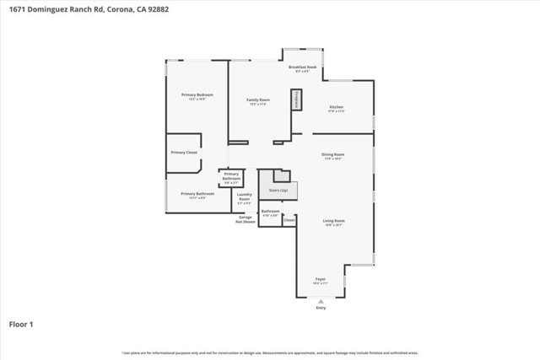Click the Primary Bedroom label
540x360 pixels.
[x=197, y=95]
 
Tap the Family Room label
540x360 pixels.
[x=257, y=100]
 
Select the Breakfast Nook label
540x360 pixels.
[x=302, y=67]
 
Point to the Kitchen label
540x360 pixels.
[x=336, y=107]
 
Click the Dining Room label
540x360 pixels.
[x=332, y=155]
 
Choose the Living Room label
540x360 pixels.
[x=334, y=221]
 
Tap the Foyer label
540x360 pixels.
[x=321, y=278]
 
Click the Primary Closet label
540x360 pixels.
[x=183, y=153]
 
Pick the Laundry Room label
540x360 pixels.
[x=244, y=199]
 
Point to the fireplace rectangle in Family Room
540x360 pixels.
[x=296, y=99]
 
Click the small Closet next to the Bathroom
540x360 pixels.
[x=289, y=219]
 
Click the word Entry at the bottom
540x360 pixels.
[x=321, y=309]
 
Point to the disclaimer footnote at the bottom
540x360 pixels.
[x=270, y=352]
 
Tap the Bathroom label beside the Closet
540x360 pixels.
[x=270, y=212]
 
